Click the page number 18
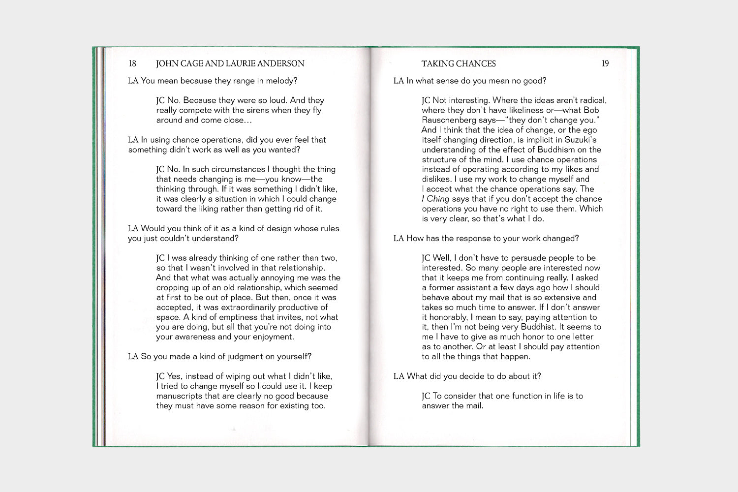132,63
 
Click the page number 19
605,63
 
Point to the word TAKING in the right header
437,63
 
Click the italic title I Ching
435,199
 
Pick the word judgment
228,357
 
